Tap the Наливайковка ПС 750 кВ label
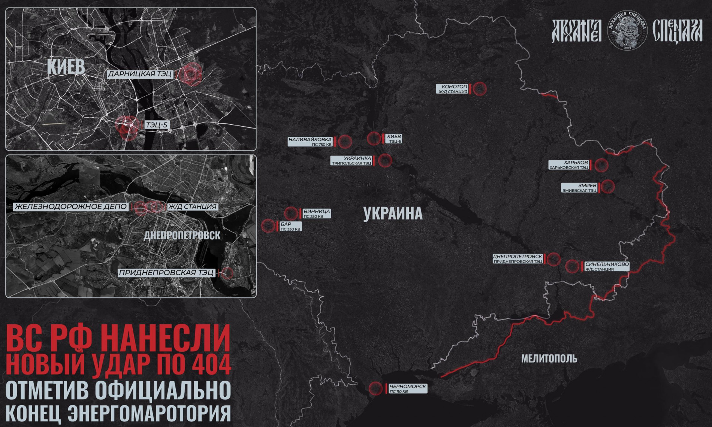coord(310,141)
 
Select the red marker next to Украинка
coord(385,160)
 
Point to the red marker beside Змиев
coord(607,186)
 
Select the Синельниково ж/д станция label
coord(607,266)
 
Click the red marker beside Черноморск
coord(375,388)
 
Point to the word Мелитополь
coord(549,359)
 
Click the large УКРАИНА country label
coord(393,214)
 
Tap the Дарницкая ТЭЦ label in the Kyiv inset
coord(140,74)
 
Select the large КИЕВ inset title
coord(66,67)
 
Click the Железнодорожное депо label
coord(70,206)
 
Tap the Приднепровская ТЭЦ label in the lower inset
coord(166,273)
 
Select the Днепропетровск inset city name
coord(182,235)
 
